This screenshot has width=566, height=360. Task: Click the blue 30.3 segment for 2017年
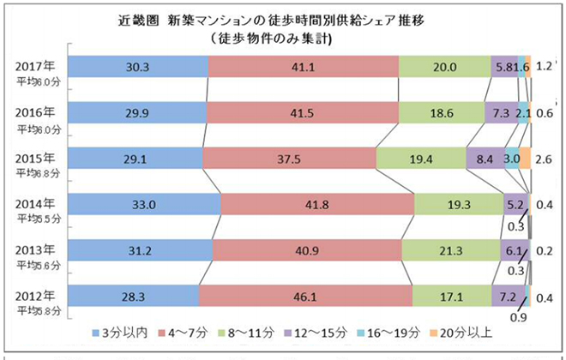(137, 67)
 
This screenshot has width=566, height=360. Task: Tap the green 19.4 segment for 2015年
(420, 159)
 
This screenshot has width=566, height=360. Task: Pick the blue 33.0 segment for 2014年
(143, 205)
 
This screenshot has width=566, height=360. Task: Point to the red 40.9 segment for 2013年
(307, 250)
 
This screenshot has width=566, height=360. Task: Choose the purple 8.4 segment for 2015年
(485, 159)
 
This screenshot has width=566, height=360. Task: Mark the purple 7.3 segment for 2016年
(497, 113)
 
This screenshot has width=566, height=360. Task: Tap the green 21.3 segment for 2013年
(451, 250)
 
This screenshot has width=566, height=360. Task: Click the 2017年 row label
(36, 63)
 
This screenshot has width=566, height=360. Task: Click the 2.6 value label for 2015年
(542, 159)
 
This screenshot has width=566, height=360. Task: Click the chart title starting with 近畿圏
(282, 19)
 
